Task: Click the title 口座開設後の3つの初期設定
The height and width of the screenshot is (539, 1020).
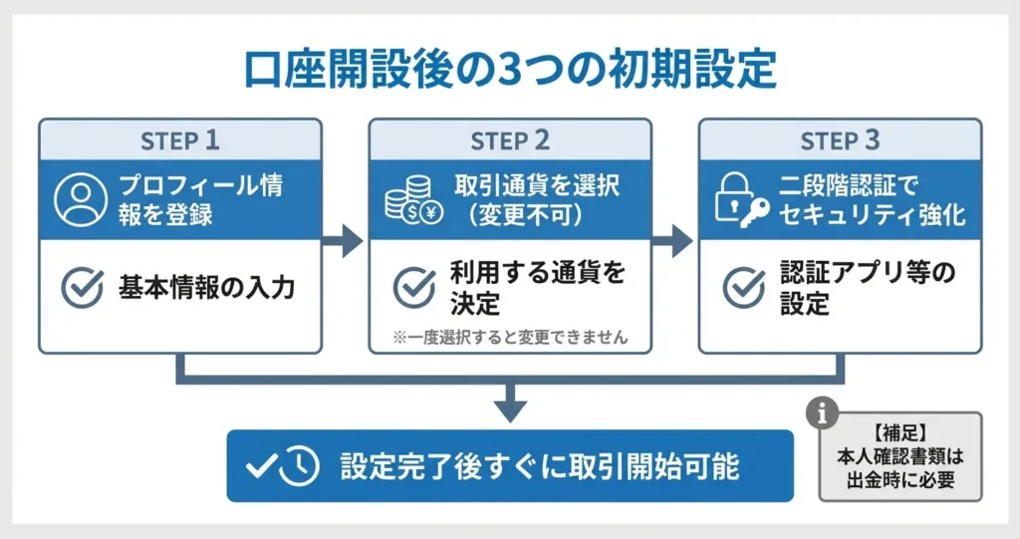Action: (x=510, y=70)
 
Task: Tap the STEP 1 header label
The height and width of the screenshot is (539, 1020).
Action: (x=180, y=140)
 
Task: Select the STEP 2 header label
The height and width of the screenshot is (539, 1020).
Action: (x=510, y=140)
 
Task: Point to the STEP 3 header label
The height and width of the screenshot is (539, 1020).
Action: (x=840, y=140)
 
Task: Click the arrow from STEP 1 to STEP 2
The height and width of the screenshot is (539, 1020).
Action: (x=346, y=240)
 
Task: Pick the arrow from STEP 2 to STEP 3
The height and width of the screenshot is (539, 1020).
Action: (x=675, y=240)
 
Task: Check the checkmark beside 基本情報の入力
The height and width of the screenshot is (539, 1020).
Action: (x=82, y=288)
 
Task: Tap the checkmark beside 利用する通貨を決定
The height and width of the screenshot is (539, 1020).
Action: (x=413, y=288)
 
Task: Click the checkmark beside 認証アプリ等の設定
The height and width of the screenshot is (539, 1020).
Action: (x=743, y=288)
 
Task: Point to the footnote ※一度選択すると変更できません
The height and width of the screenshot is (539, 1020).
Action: (x=511, y=337)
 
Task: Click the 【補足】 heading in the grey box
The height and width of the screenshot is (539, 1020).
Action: (x=900, y=434)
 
